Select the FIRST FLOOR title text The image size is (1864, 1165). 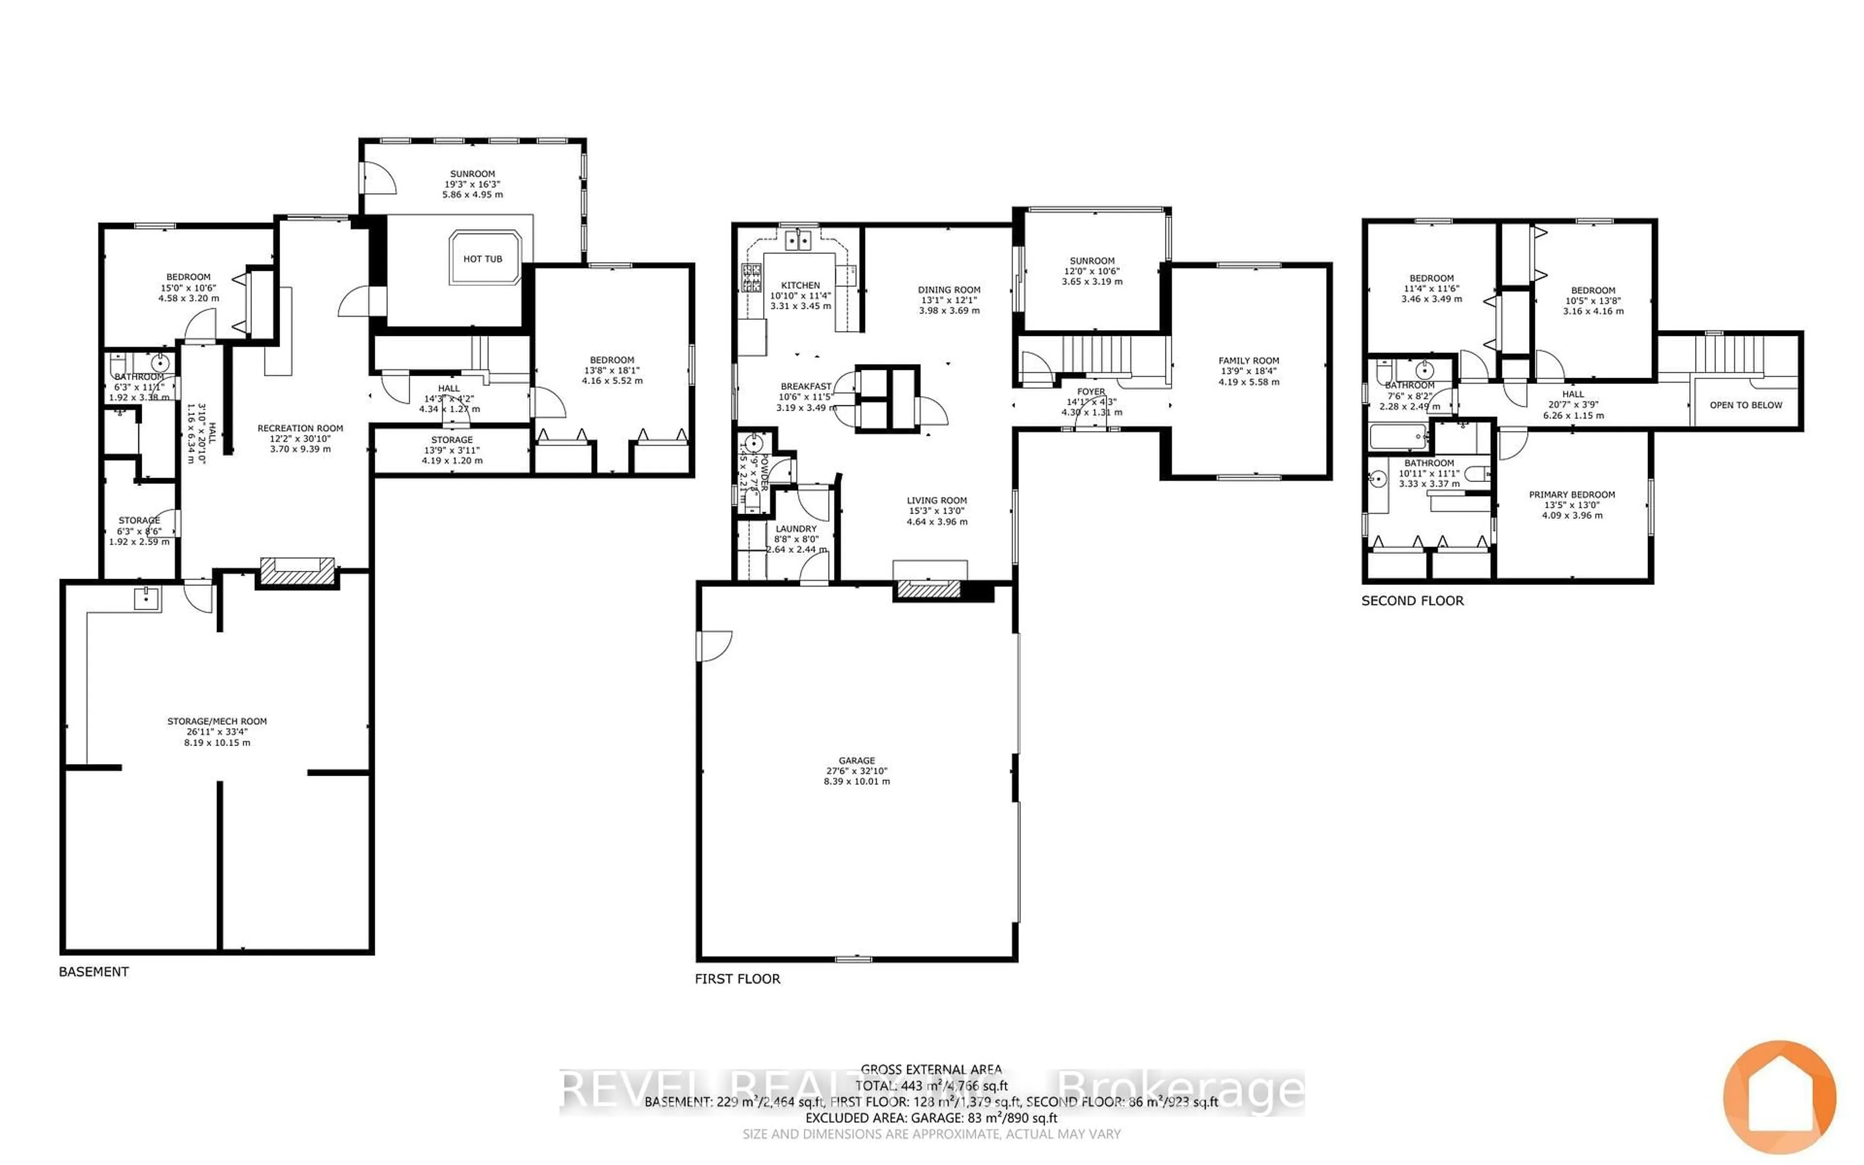pyautogui.click(x=737, y=979)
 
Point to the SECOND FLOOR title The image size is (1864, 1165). pyautogui.click(x=1412, y=600)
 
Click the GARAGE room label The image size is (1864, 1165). pyautogui.click(x=856, y=761)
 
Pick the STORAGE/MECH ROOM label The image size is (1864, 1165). pyautogui.click(x=217, y=722)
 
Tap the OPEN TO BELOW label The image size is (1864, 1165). pyautogui.click(x=1746, y=405)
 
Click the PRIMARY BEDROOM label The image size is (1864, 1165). pyautogui.click(x=1571, y=495)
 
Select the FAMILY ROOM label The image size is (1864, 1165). pyautogui.click(x=1248, y=361)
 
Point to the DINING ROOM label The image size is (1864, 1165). pyautogui.click(x=949, y=290)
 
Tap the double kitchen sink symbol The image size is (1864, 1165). pyautogui.click(x=798, y=241)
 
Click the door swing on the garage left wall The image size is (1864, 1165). pyautogui.click(x=713, y=646)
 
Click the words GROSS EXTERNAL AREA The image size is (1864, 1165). pyautogui.click(x=931, y=1069)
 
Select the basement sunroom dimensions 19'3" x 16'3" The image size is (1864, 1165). pyautogui.click(x=472, y=185)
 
